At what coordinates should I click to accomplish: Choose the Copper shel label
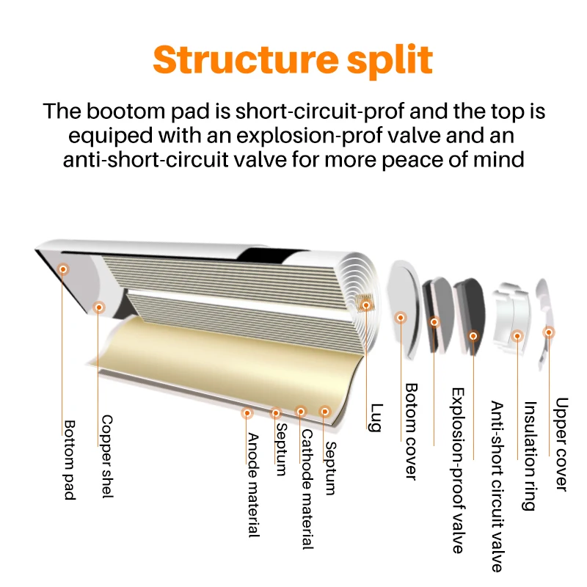[106, 456]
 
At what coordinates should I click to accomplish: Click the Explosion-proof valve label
[456, 470]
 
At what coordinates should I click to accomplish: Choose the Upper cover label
[562, 444]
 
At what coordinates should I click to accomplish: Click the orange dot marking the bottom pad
[63, 269]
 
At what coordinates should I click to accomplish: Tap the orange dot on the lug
[364, 303]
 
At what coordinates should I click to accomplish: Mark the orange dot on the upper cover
[548, 332]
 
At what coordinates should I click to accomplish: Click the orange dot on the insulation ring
[517, 336]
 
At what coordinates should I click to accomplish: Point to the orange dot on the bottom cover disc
[401, 318]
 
